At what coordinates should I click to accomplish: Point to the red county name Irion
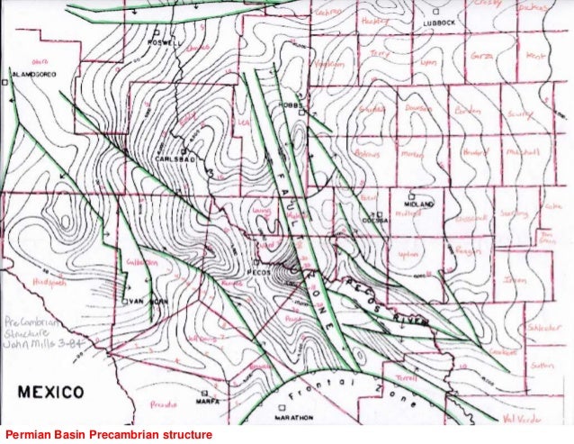tap(514, 281)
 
